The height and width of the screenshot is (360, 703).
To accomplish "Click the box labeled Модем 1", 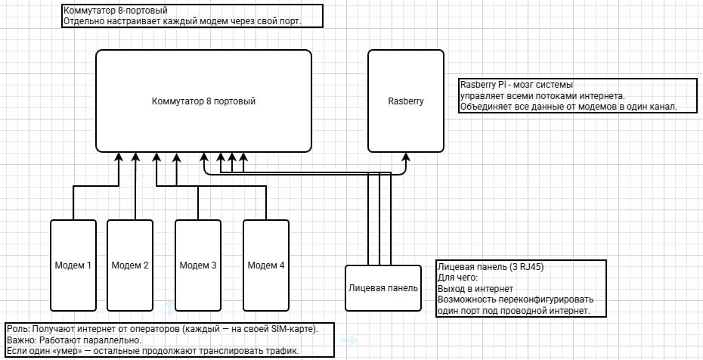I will tap(73, 265).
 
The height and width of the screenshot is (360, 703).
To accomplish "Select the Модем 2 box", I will tap(130, 265).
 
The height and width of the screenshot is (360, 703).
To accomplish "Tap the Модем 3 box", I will tap(198, 265).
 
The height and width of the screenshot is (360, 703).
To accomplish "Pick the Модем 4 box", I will tap(266, 265).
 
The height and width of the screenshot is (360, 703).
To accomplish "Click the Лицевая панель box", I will tap(383, 288).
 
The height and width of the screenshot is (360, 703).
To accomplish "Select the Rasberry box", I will tap(405, 101).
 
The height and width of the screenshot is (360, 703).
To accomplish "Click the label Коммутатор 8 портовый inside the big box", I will tap(203, 101).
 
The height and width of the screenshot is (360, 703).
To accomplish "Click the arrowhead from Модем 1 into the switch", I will tap(119, 158).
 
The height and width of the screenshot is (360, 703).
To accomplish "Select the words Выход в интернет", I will tap(475, 288).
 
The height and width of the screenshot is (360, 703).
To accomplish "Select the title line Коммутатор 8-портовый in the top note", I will tap(115, 11).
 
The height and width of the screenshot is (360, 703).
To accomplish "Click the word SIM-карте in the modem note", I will tap(288, 329).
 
